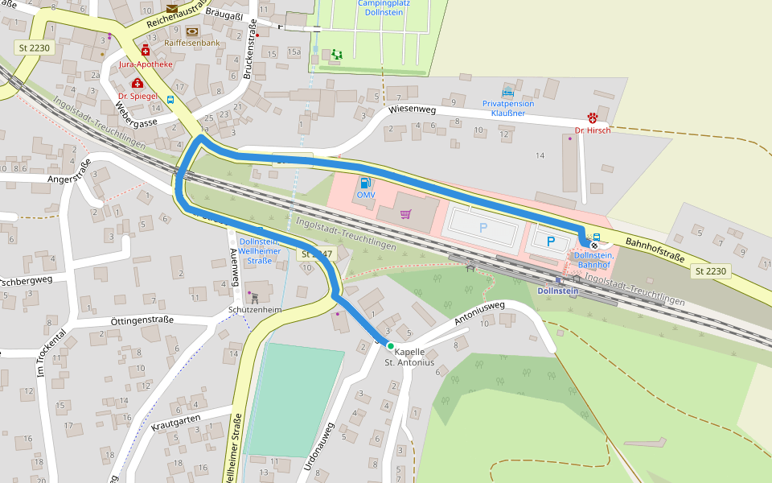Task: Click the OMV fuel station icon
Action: coord(366,183)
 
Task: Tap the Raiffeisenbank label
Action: coord(191,43)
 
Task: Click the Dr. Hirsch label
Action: coord(592,130)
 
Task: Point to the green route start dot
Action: coord(391,345)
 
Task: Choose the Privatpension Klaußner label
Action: coord(508,109)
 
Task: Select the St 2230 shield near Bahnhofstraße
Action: coord(710,271)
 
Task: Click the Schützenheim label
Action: coord(255,310)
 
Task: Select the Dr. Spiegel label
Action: coord(138,96)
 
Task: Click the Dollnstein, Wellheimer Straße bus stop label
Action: coord(259,251)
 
